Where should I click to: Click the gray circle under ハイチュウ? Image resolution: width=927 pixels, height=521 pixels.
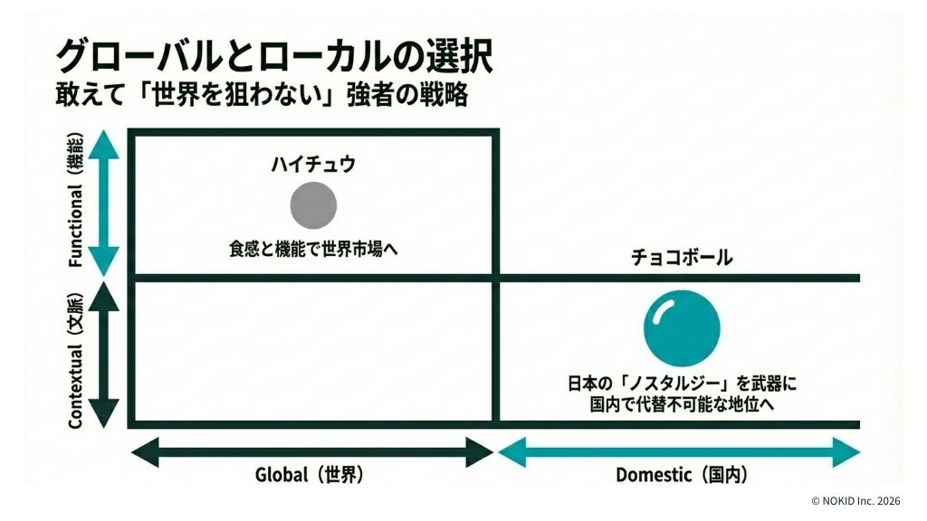[313, 204]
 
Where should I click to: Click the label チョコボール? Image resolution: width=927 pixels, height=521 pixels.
[682, 258]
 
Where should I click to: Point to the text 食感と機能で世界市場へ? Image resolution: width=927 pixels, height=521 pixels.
[313, 249]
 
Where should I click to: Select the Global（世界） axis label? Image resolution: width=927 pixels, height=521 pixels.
[313, 475]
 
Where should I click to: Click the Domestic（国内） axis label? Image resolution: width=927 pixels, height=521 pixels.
[682, 475]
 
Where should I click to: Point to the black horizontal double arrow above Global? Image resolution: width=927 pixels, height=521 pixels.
[313, 450]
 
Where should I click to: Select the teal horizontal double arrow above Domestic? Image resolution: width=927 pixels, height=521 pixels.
[679, 450]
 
